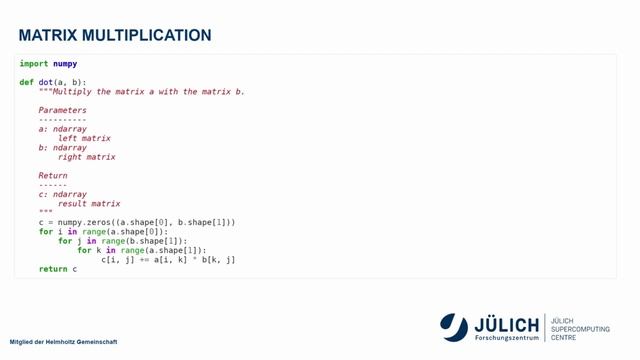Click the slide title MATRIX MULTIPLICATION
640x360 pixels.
pos(115,36)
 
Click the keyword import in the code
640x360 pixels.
pos(33,64)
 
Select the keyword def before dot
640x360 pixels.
pos(26,82)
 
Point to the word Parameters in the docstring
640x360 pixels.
pos(62,110)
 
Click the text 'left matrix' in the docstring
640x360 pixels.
pos(84,138)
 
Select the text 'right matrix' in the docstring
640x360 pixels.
pos(86,157)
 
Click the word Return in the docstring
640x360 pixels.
pos(53,176)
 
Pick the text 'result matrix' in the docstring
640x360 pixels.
pos(89,204)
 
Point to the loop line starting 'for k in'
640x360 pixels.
pos(141,250)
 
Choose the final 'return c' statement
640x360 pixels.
pos(58,269)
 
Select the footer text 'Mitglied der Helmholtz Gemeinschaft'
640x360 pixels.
pos(63,342)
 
